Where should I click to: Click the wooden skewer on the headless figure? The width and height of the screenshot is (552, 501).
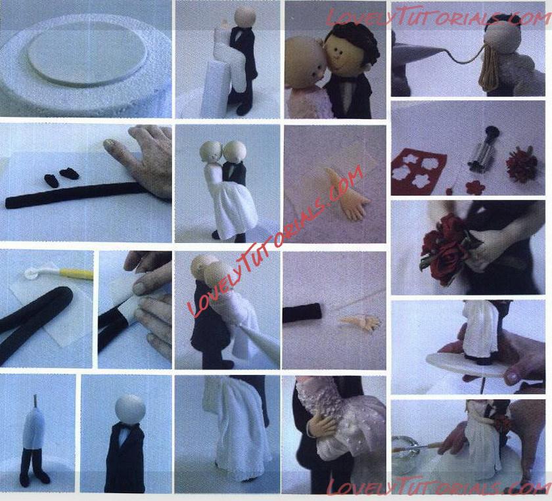coord(35,400)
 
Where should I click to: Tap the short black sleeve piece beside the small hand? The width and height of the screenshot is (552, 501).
coord(302,313)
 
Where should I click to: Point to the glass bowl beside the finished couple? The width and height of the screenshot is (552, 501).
coord(405,454)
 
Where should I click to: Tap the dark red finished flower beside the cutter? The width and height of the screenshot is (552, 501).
coord(522,165)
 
